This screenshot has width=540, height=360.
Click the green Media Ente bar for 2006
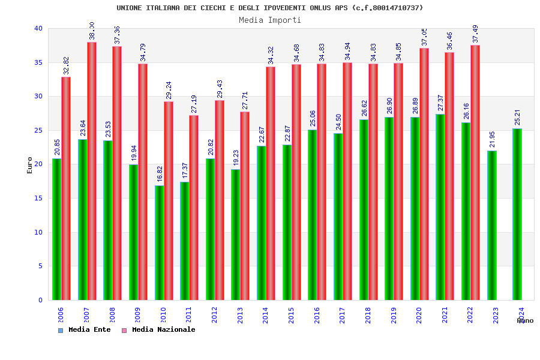click(56, 229)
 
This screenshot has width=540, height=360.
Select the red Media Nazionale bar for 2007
click(92, 171)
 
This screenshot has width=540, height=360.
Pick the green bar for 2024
click(517, 214)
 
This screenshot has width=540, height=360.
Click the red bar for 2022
click(475, 172)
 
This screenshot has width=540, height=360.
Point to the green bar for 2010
click(159, 242)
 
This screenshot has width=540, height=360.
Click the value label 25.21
click(518, 118)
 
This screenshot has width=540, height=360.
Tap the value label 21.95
click(493, 140)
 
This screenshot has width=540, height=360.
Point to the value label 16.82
click(160, 175)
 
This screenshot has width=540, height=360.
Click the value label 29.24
click(169, 91)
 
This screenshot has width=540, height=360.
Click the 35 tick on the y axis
click(38, 62)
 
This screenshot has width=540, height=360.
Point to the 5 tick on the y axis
click(40, 266)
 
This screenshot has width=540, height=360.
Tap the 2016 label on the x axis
click(317, 315)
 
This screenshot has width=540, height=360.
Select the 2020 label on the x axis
click(419, 315)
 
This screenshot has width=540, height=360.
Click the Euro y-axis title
click(30, 165)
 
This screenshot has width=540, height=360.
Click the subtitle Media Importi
click(270, 20)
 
